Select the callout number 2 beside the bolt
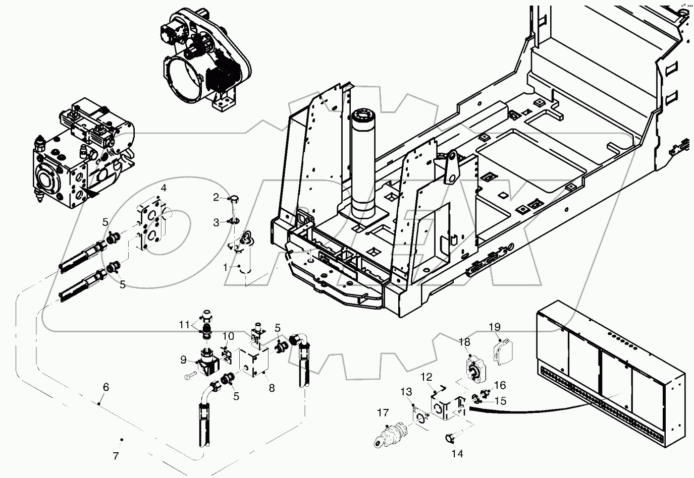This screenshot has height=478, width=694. [x=216, y=198]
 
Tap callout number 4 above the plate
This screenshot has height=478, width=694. [x=163, y=189]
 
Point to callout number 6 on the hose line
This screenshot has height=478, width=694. [x=105, y=387]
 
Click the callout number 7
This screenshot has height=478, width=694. [x=116, y=456]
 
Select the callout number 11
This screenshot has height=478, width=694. [x=186, y=324]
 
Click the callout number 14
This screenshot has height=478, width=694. [x=457, y=453]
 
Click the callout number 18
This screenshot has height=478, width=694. [x=464, y=342]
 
